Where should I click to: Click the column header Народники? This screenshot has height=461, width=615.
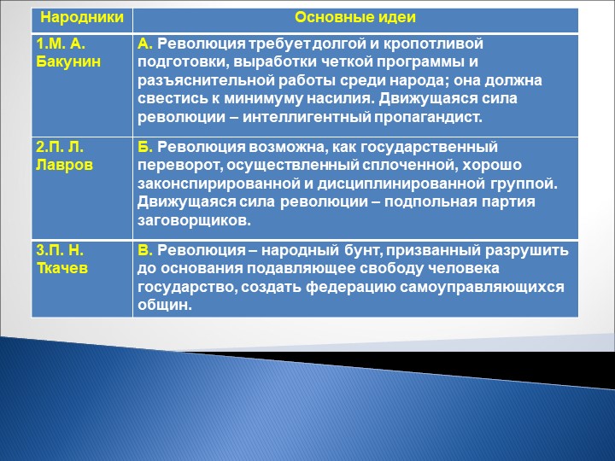pyautogui.click(x=81, y=18)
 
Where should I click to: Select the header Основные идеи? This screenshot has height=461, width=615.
pyautogui.click(x=355, y=18)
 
